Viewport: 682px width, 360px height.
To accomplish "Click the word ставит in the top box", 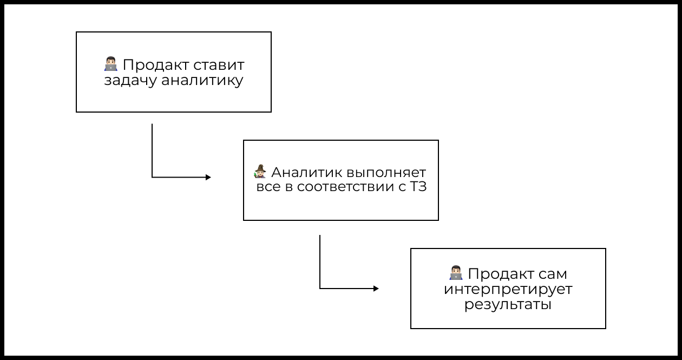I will click(219, 66).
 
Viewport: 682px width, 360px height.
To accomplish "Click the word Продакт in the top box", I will click(156, 66).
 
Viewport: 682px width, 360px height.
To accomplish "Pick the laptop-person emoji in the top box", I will click(110, 64).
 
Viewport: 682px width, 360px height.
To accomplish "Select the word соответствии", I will click(342, 188).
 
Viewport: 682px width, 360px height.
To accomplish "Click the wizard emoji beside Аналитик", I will click(260, 172).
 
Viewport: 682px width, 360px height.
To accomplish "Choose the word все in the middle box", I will click(267, 188).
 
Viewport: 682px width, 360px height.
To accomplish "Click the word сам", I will click(553, 274).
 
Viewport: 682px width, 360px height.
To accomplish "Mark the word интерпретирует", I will click(508, 289).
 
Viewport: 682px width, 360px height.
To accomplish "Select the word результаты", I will click(508, 304).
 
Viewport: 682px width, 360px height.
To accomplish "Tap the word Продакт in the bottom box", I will click(501, 274).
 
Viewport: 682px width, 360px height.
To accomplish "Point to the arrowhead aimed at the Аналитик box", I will click(208, 177).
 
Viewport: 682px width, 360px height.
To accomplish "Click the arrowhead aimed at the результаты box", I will click(376, 289).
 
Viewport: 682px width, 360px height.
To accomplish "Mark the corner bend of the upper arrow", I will click(152, 177).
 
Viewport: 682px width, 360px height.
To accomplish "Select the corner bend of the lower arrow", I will click(320, 289).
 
